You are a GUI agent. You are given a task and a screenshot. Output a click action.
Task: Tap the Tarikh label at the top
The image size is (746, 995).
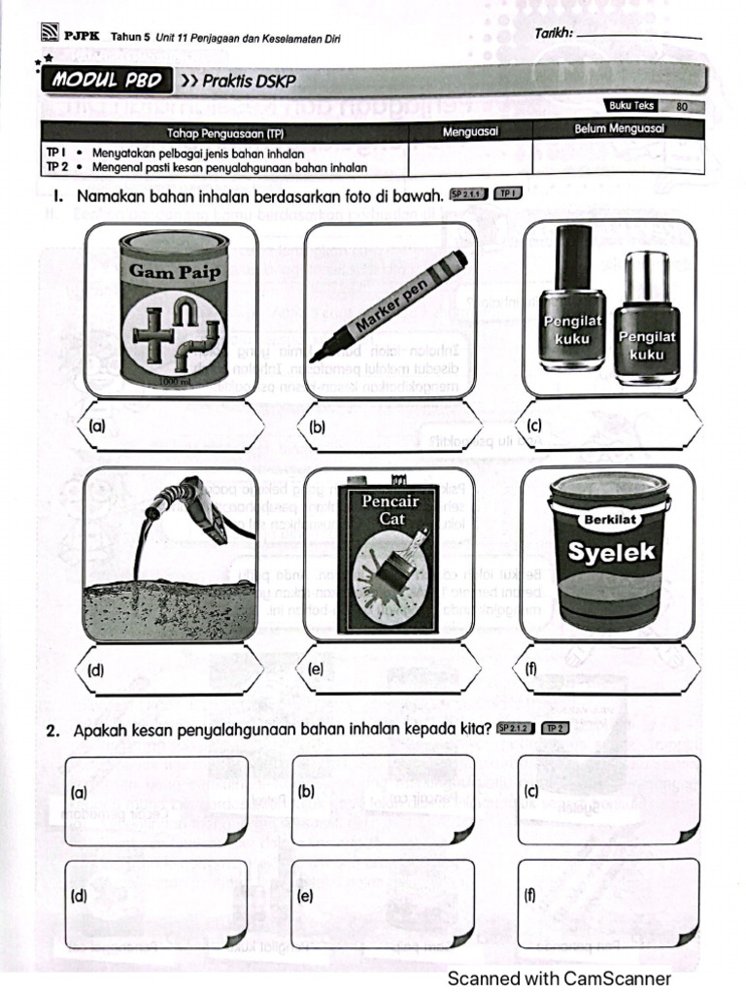554,35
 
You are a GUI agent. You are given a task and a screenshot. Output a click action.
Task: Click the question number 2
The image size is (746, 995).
52,731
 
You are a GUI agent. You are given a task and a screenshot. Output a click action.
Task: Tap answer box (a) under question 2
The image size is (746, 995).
156,799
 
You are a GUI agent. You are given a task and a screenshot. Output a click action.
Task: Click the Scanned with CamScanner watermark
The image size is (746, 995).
559,978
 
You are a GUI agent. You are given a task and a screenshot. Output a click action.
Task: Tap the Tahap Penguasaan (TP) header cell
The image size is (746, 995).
224,133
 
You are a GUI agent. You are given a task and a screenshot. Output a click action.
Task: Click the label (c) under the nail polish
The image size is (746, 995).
534,426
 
